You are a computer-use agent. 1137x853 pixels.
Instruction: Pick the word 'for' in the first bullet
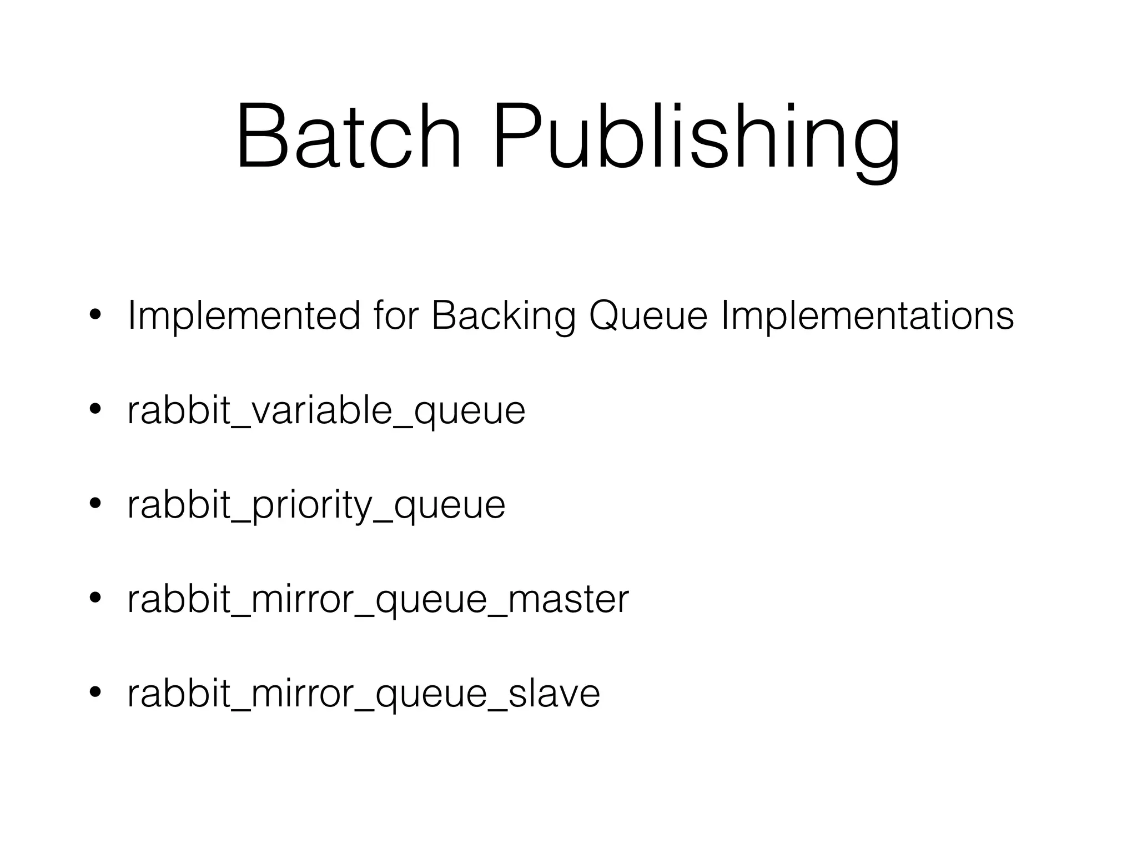pyautogui.click(x=395, y=315)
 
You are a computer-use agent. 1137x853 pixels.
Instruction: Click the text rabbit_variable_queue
pyautogui.click(x=326, y=412)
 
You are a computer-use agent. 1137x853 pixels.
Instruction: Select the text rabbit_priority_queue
pyautogui.click(x=316, y=506)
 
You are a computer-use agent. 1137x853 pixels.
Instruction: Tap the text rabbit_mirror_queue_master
pyautogui.click(x=378, y=600)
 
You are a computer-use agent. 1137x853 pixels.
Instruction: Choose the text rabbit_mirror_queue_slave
pyautogui.click(x=364, y=694)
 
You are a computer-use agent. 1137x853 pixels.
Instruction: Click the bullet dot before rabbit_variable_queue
pyautogui.click(x=95, y=409)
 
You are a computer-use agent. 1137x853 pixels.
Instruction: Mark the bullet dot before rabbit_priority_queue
pyautogui.click(x=95, y=504)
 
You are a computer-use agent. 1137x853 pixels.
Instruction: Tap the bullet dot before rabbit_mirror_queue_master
pyautogui.click(x=95, y=598)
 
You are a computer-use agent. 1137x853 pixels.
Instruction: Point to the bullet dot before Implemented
pyautogui.click(x=95, y=315)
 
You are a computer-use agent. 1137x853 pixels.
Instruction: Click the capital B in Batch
pyautogui.click(x=261, y=136)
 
